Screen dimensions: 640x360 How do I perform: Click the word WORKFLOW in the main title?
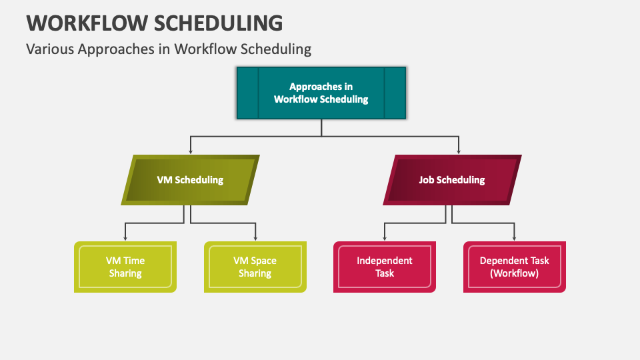tap(87, 23)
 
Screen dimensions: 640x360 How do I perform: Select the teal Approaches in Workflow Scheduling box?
tap(321, 93)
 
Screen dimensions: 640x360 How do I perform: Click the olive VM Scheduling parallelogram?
tap(190, 180)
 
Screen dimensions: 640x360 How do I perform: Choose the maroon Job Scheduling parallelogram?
tap(452, 180)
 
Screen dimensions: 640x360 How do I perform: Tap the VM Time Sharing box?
tap(125, 267)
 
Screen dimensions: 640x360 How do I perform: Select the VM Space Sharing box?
tap(255, 267)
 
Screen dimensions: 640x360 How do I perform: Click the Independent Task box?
tap(385, 267)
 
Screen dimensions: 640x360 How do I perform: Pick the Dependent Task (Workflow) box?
tap(514, 267)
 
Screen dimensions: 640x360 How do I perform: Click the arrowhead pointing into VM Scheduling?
tap(191, 152)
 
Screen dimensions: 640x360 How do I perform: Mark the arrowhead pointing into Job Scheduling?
tap(459, 152)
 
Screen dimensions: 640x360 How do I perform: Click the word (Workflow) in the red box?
tap(514, 273)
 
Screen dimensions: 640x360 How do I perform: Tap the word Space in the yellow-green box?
tap(264, 261)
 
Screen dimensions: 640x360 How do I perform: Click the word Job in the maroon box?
tap(427, 180)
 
